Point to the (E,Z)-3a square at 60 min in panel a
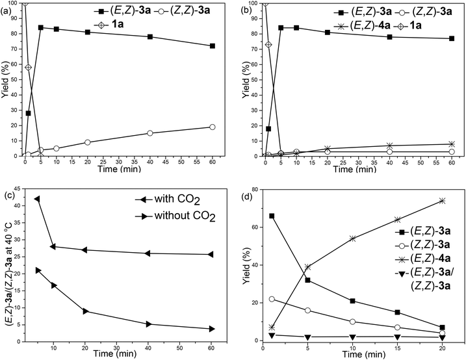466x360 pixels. coord(213,46)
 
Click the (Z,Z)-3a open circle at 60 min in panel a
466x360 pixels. coord(213,127)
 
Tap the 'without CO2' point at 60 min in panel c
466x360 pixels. coord(213,329)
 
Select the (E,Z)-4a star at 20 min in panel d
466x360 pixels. coord(442,201)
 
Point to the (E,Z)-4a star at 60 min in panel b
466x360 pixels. coord(452,144)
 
